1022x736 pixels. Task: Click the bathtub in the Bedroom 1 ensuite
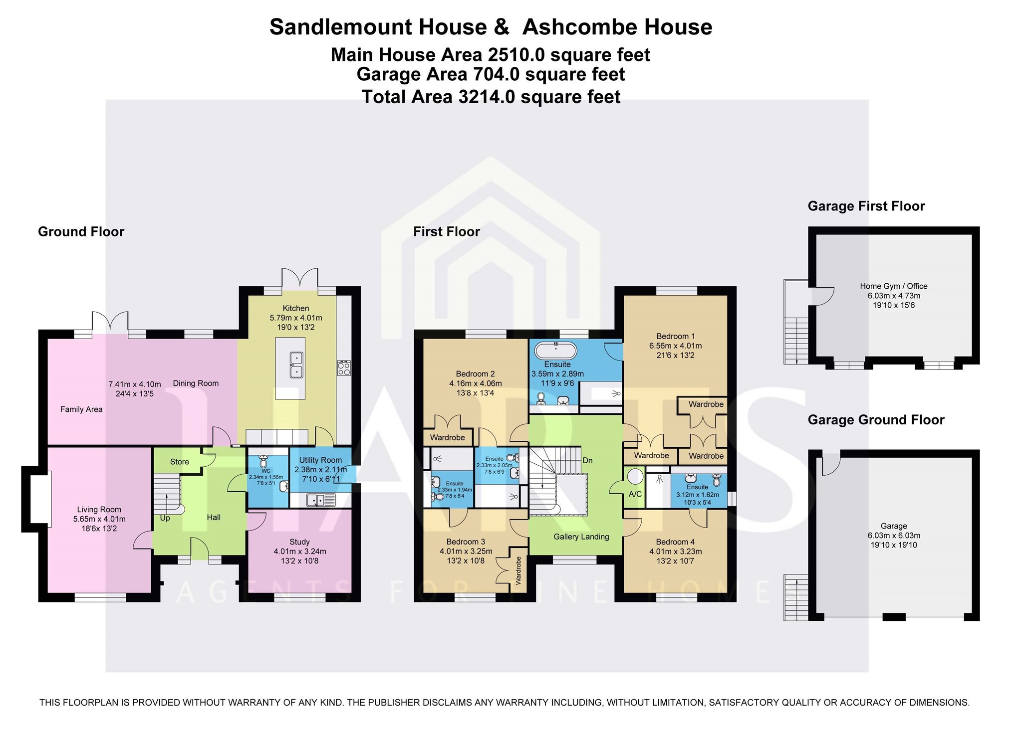click(555, 351)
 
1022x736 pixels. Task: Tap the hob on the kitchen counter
click(344, 368)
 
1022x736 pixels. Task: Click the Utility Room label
click(320, 460)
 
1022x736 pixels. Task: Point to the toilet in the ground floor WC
click(264, 461)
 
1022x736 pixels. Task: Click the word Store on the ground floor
click(180, 462)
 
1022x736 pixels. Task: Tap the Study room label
click(299, 542)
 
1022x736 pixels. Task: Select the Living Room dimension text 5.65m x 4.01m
click(99, 519)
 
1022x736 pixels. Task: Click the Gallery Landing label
click(581, 537)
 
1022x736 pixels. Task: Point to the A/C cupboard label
click(635, 494)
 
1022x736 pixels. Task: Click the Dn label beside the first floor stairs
click(588, 460)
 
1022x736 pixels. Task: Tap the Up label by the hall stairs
click(165, 518)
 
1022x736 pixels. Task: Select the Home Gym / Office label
click(894, 286)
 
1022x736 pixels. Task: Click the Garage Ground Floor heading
click(876, 420)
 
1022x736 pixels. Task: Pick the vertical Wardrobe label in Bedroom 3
click(518, 570)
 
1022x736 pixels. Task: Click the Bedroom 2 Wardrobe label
click(448, 438)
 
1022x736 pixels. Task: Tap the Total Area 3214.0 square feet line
click(491, 97)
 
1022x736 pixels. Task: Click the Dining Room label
click(196, 383)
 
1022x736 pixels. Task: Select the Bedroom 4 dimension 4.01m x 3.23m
click(676, 552)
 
